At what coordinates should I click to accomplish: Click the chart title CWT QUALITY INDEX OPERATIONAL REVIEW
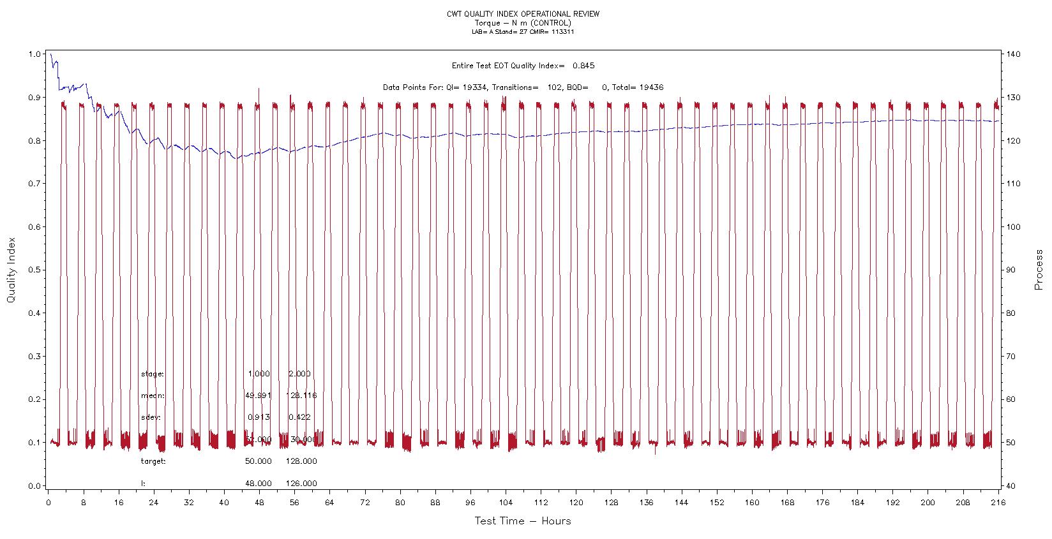click(x=523, y=14)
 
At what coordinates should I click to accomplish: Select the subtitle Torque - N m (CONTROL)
click(x=523, y=23)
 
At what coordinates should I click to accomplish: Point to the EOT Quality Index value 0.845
click(x=583, y=66)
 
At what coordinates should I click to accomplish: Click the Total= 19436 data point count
click(x=638, y=87)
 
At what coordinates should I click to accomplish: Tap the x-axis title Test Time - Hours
click(x=522, y=521)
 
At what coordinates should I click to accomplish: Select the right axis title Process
click(x=1039, y=270)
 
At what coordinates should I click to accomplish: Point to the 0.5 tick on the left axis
click(x=34, y=270)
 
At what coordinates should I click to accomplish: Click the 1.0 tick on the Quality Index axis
click(x=34, y=54)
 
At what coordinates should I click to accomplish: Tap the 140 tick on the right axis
click(x=1014, y=54)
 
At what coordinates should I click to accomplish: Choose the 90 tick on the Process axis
click(x=1012, y=270)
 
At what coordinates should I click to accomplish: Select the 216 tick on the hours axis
click(x=998, y=503)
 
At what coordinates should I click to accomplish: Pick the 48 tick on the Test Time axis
click(x=259, y=503)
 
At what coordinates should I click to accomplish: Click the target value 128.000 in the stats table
click(x=303, y=461)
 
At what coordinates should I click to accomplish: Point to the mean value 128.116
click(x=301, y=395)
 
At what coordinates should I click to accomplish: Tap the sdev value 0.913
click(x=259, y=417)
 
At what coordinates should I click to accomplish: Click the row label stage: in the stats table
click(x=153, y=374)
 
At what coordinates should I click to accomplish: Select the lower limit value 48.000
click(x=259, y=484)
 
